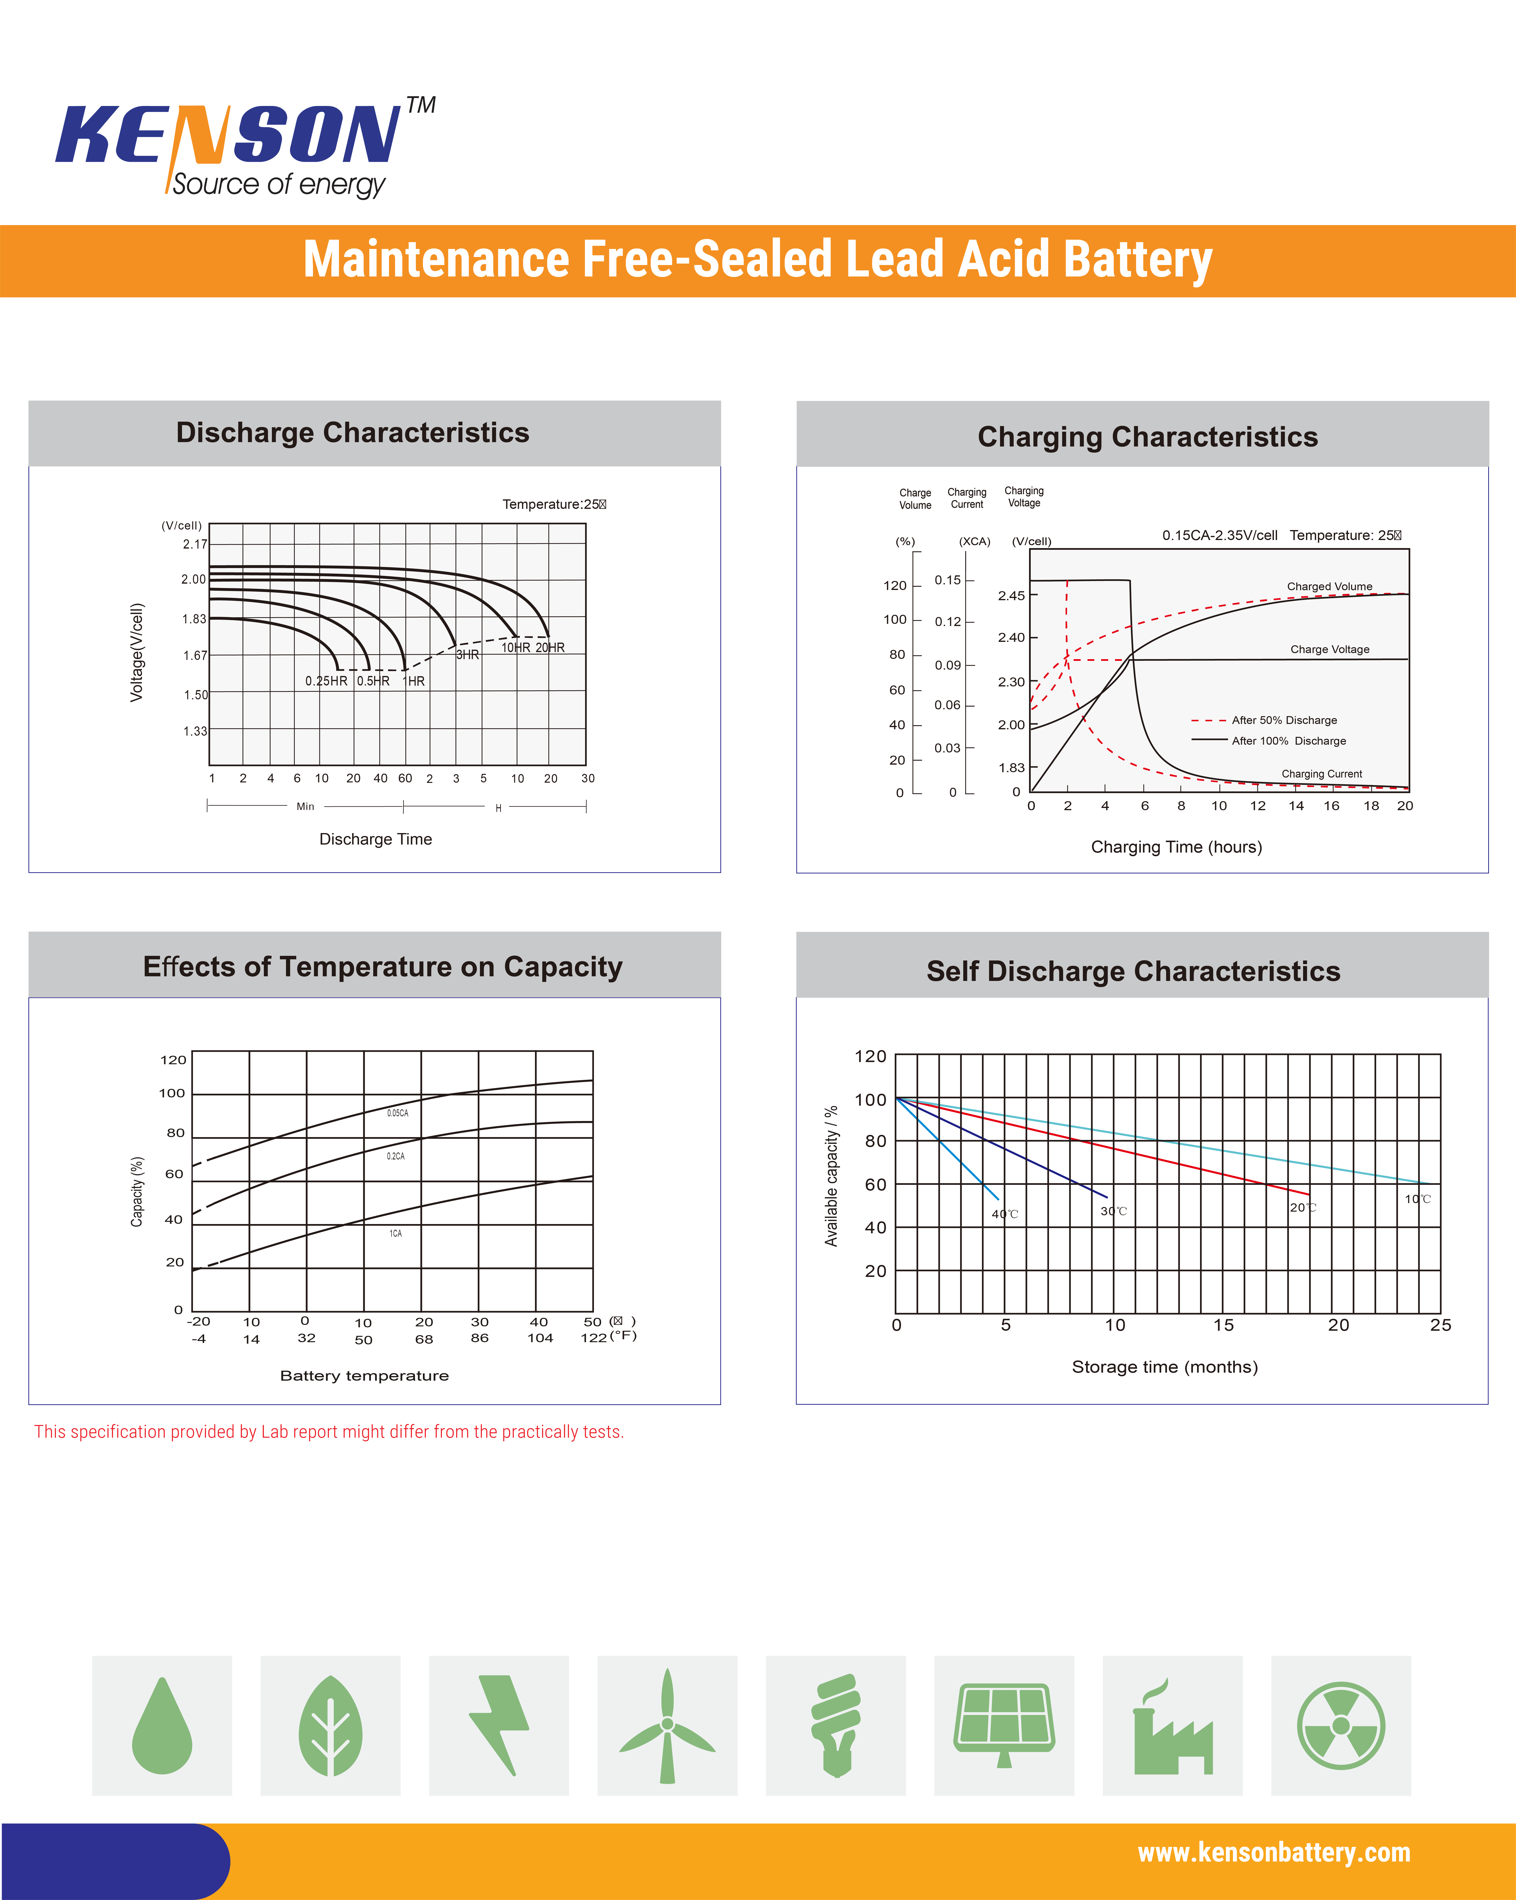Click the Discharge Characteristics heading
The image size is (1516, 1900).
tap(353, 433)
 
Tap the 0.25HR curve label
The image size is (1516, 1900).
tap(326, 681)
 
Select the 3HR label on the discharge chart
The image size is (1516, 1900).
tap(467, 655)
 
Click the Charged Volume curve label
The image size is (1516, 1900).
tap(1329, 586)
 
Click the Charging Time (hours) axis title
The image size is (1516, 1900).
tap(1176, 847)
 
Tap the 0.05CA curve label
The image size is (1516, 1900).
tap(398, 1113)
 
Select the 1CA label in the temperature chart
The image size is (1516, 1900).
tap(396, 1234)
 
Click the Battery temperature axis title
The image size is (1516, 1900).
tap(364, 1376)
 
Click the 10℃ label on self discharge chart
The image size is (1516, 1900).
tap(1417, 1199)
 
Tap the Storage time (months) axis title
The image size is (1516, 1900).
tap(1164, 1367)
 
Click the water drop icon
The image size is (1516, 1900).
tap(162, 1726)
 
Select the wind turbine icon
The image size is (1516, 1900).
tap(667, 1726)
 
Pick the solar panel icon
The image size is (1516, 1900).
tap(1004, 1726)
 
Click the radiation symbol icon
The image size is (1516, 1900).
tap(1341, 1726)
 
